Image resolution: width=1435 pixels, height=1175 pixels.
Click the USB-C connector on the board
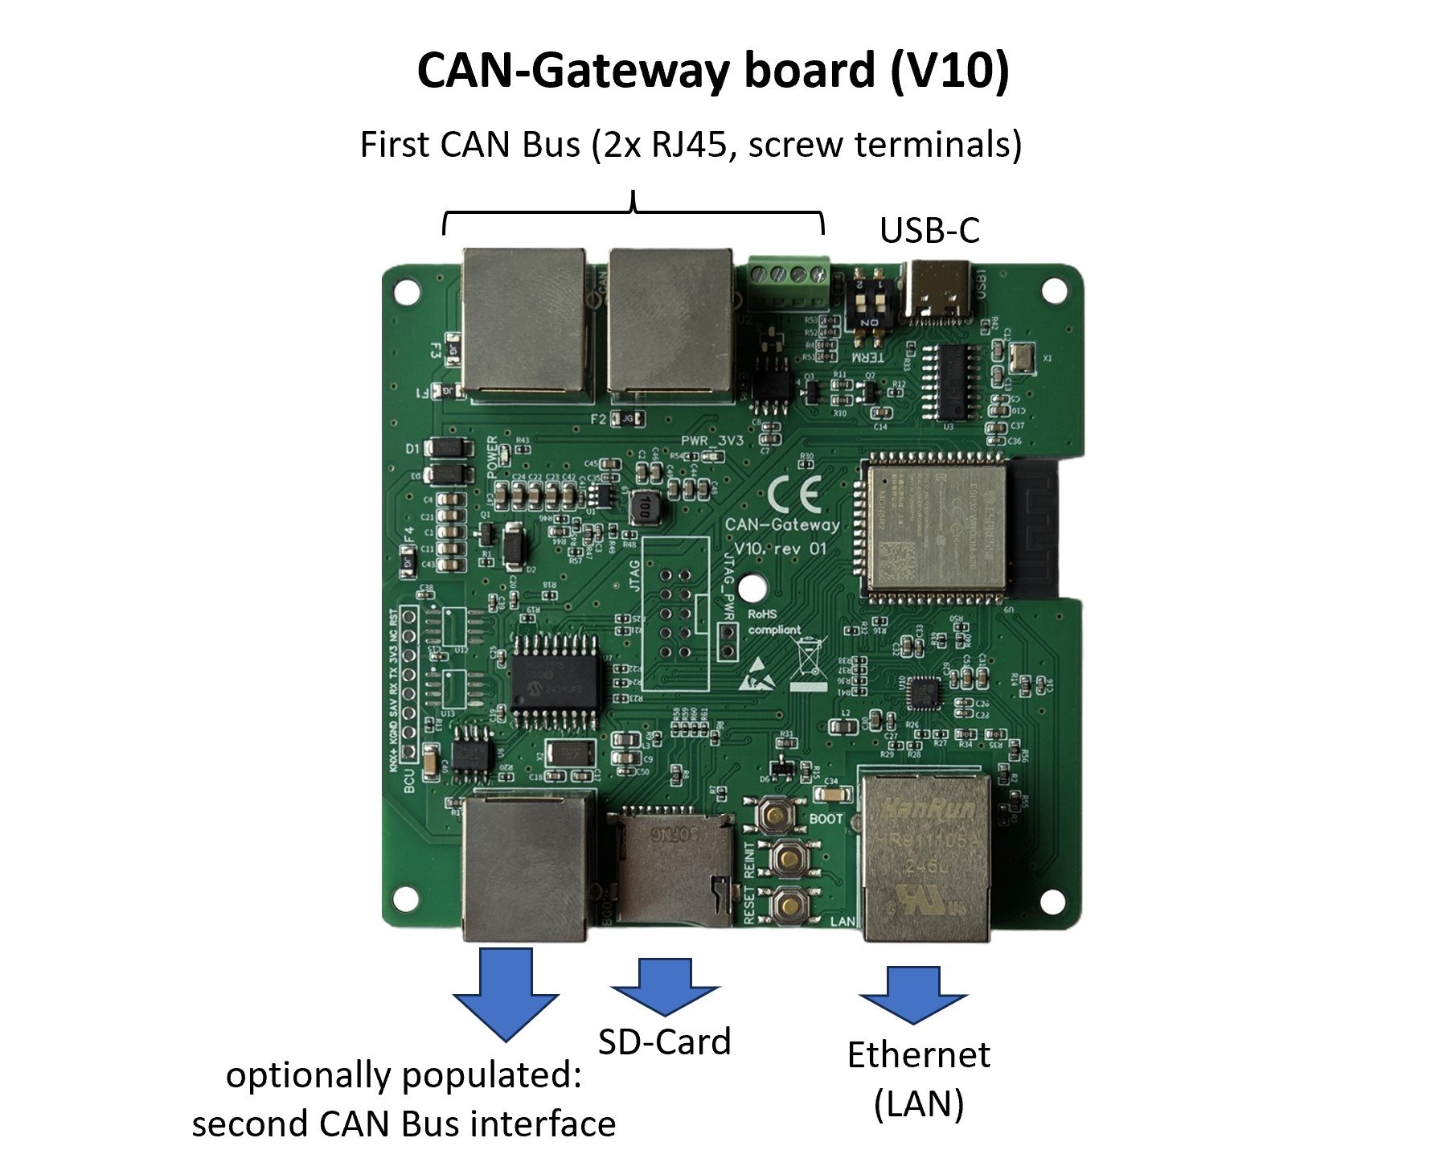[x=939, y=290]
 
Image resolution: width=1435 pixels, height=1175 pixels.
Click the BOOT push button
[x=776, y=816]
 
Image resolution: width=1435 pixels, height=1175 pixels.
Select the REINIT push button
[x=788, y=859]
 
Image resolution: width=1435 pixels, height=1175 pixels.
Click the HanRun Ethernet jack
[x=925, y=857]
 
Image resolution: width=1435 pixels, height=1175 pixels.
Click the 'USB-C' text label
[x=929, y=231]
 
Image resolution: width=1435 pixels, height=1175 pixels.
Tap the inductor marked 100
[x=643, y=507]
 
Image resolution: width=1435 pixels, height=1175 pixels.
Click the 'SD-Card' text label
[x=665, y=1042]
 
